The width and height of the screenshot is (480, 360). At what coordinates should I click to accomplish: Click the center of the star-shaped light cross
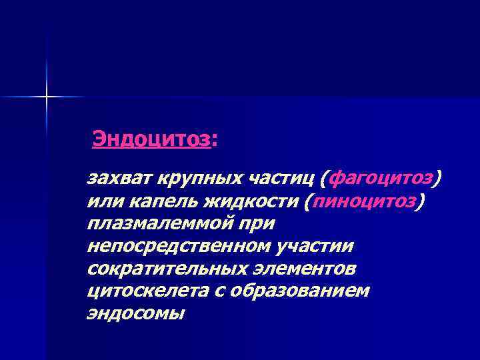pos(47,97)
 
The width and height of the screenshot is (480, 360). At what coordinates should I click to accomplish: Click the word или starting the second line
pos(101,201)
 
